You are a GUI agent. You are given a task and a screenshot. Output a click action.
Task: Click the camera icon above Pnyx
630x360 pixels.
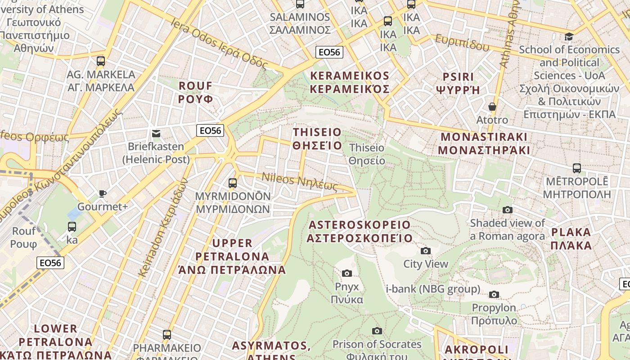pyautogui.click(x=346, y=273)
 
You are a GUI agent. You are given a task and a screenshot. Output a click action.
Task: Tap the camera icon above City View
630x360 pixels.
pyautogui.click(x=425, y=251)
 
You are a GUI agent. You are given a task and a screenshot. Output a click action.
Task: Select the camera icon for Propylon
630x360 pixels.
pyautogui.click(x=494, y=294)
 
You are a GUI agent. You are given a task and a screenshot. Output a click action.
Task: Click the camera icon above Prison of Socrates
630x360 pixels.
pyautogui.click(x=377, y=331)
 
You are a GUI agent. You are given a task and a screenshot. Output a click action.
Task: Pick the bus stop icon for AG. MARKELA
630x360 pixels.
pyautogui.click(x=101, y=61)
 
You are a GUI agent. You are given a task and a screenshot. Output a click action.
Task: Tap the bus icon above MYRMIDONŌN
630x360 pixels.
pyautogui.click(x=233, y=183)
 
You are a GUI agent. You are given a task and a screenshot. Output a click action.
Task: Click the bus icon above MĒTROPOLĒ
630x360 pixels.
pyautogui.click(x=576, y=168)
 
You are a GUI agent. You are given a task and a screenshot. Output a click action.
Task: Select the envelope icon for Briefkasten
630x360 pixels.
pyautogui.click(x=156, y=133)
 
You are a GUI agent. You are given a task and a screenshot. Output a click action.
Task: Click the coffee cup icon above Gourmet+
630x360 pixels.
pyautogui.click(x=103, y=193)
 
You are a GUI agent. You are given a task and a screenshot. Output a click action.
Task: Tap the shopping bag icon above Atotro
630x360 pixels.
pyautogui.click(x=492, y=107)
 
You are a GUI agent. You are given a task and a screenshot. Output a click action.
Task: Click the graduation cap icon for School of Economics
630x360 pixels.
pyautogui.click(x=569, y=36)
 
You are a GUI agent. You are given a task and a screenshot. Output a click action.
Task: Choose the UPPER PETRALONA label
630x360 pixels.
pyautogui.click(x=232, y=256)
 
